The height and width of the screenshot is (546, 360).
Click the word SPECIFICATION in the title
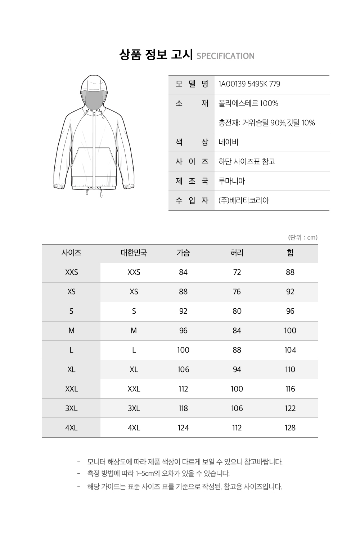pos(226,56)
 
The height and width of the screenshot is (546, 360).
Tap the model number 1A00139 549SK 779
pos(249,84)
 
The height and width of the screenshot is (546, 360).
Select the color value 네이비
pos(229,142)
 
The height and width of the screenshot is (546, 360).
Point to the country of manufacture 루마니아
pos(232,181)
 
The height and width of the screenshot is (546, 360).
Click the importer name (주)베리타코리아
pos(244,201)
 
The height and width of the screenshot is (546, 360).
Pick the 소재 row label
pos(192,104)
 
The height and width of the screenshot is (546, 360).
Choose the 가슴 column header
pos(183,253)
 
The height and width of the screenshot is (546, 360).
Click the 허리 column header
pos(237,253)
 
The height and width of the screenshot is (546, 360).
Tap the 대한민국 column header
pos(134,253)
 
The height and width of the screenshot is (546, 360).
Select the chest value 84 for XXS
pos(183,273)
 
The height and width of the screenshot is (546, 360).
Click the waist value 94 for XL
pos(237,370)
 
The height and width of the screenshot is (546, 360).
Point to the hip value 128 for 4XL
pos(290,428)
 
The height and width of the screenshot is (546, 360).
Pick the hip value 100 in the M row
pos(290,331)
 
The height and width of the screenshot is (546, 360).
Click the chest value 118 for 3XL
pos(183,409)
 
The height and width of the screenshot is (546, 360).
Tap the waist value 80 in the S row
pos(237,312)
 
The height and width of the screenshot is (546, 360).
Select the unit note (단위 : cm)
pos(303,238)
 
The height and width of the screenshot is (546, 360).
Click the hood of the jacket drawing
pos(94,86)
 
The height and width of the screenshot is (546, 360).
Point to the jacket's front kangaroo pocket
pos(94,162)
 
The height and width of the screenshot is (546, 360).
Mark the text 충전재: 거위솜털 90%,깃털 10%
pos(267,123)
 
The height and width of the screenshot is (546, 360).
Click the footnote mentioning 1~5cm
pos(158,474)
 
